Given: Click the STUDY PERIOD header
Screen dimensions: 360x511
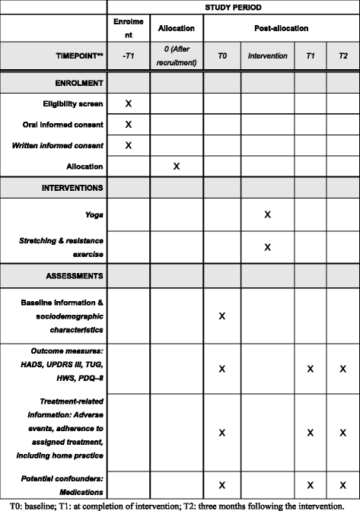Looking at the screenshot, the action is (x=232, y=8).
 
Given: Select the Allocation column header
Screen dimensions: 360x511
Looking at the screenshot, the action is (x=177, y=28).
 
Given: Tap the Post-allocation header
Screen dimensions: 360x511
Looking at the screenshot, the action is (x=281, y=28).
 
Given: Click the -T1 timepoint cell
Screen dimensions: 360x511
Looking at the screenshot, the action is (x=129, y=56).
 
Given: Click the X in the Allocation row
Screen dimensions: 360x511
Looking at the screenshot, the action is (x=177, y=165).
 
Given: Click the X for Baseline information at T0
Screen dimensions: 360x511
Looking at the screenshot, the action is (x=222, y=315).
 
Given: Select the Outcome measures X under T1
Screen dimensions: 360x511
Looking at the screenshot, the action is (x=311, y=369).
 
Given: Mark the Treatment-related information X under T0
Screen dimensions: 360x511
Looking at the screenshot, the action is (x=222, y=433).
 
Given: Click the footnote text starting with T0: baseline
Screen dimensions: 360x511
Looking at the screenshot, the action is (x=179, y=504).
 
